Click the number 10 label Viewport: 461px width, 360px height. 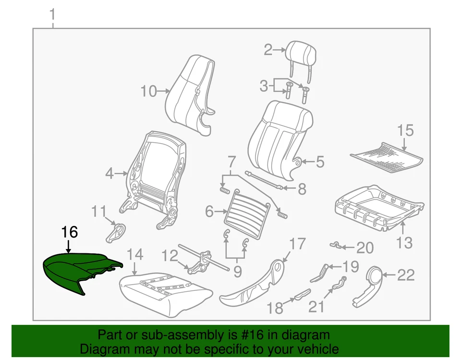(149, 91)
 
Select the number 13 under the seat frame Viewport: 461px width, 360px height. (404, 243)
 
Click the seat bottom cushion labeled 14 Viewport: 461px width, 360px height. (163, 293)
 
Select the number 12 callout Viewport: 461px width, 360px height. (169, 256)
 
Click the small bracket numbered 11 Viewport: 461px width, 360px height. (115, 233)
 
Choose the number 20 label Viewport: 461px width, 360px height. (365, 248)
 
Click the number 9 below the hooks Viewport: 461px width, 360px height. (237, 272)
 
